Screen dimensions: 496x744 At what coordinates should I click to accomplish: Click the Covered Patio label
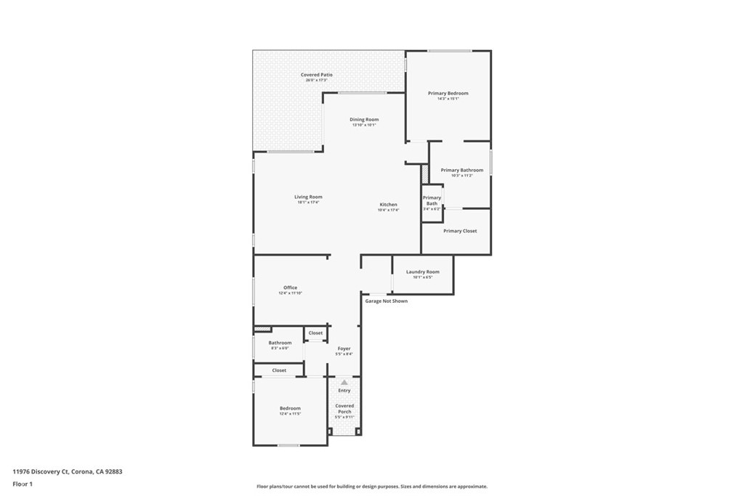point(317,76)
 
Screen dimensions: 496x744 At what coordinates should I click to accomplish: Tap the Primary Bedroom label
point(448,94)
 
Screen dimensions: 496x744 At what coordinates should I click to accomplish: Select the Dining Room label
point(364,120)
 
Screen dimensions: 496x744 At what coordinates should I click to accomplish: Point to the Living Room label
point(308,198)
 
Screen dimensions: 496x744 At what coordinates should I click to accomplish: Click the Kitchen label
point(388,206)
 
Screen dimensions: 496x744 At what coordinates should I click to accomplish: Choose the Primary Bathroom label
point(461,171)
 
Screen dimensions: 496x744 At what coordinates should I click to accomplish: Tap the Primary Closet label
point(460,231)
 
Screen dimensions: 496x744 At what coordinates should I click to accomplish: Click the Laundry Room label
point(422,272)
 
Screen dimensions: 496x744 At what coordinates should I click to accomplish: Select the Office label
point(290,288)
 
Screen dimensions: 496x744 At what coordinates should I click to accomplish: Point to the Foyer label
point(344,349)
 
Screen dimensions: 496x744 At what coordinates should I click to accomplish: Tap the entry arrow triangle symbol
point(344,381)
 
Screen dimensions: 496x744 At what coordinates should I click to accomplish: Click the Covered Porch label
point(344,409)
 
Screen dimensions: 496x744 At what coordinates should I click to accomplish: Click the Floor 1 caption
point(23,484)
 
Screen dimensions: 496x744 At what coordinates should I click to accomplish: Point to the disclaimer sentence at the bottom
point(371,487)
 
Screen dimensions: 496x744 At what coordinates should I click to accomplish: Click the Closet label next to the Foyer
point(315,333)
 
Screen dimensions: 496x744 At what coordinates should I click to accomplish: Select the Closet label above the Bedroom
point(279,370)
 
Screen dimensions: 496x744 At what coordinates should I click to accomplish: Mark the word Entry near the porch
point(344,391)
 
